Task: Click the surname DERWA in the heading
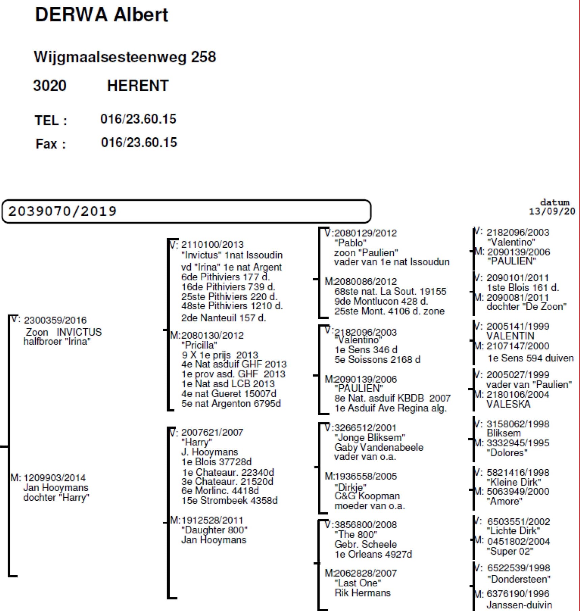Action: (71, 15)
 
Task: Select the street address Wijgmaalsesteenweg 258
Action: (125, 57)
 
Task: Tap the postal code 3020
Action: (50, 86)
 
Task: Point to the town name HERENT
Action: (138, 86)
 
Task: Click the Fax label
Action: (51, 144)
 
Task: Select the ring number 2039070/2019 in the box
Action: (62, 212)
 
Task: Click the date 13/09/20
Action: (552, 212)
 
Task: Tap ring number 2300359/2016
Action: (55, 320)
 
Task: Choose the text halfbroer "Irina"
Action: (57, 341)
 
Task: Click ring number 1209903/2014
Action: (54, 478)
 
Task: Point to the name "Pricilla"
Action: (199, 345)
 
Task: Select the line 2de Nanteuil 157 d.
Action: (224, 318)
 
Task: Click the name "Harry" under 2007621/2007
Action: (196, 442)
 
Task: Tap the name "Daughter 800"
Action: (214, 530)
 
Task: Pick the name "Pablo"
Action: (350, 243)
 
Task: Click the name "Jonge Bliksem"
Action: (370, 438)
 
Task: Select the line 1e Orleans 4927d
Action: (373, 554)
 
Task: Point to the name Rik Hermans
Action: (362, 593)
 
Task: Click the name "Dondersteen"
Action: (519, 579)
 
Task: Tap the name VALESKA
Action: (508, 404)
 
